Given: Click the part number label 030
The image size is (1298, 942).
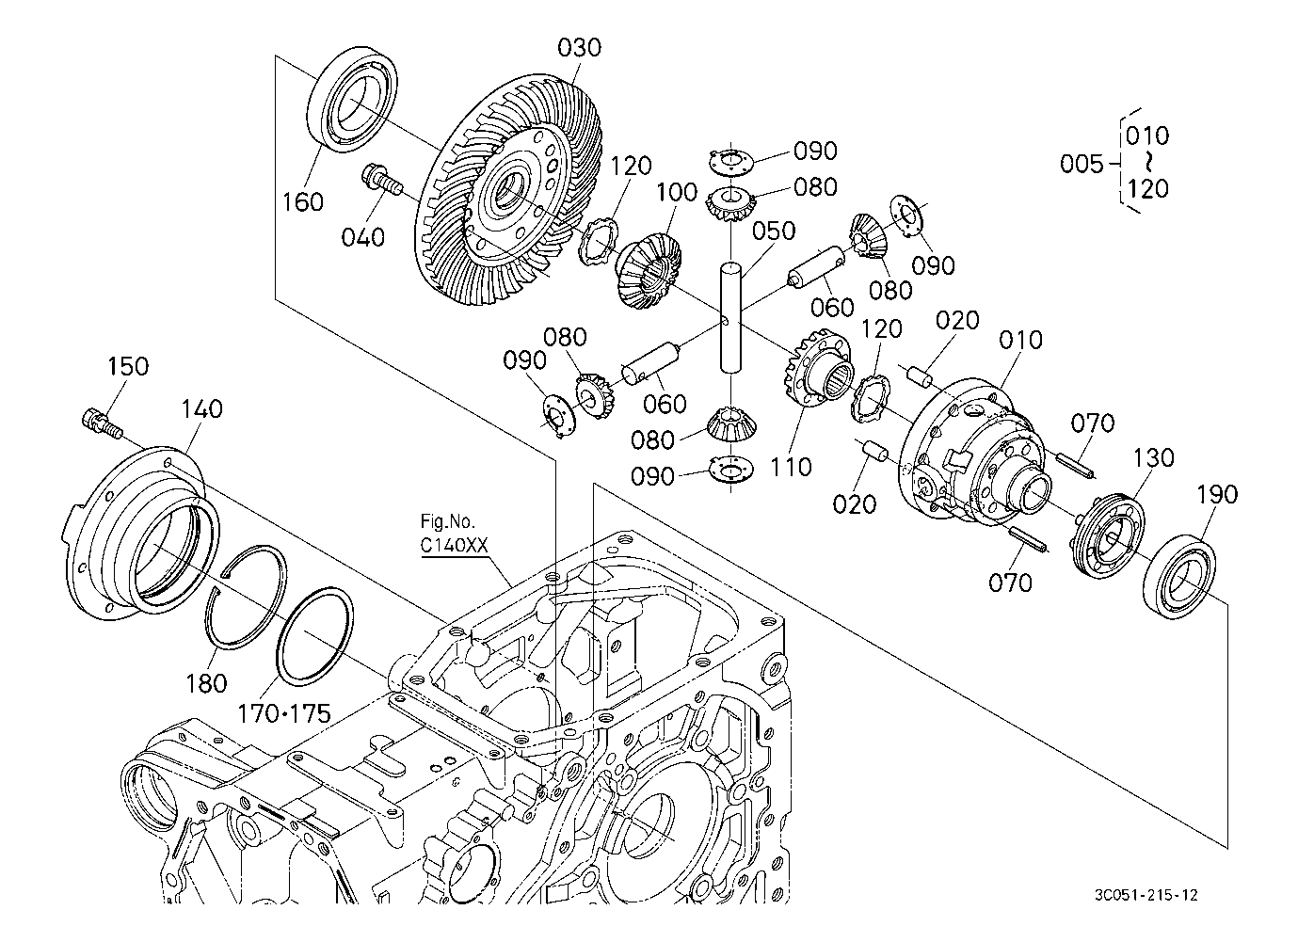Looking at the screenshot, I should pyautogui.click(x=579, y=48).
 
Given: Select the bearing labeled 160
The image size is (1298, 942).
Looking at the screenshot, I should pyautogui.click(x=352, y=98).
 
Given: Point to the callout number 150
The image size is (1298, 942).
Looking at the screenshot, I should pyautogui.click(x=128, y=366).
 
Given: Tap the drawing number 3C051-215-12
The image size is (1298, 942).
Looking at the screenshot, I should pyautogui.click(x=1146, y=895).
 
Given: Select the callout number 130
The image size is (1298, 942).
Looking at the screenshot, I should pyautogui.click(x=1153, y=457).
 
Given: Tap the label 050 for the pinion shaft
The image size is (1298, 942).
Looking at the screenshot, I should pyautogui.click(x=773, y=232).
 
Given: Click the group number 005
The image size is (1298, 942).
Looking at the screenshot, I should pyautogui.click(x=1081, y=164).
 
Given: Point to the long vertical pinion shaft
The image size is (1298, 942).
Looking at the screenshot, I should pyautogui.click(x=732, y=320).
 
